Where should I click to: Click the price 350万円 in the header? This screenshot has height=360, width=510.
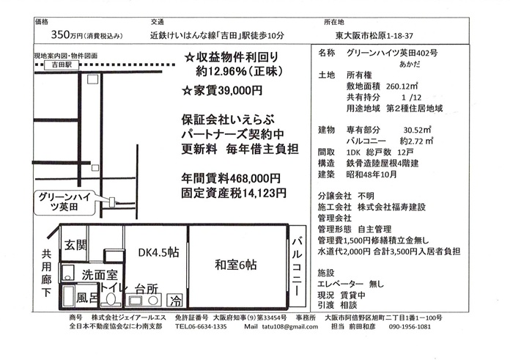tap(67, 34)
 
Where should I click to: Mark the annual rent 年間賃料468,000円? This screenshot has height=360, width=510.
tap(230, 178)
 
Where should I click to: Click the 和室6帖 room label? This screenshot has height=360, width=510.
tap(236, 264)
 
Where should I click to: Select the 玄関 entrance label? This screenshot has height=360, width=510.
tap(75, 244)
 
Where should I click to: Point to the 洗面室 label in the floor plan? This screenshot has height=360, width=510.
tap(100, 276)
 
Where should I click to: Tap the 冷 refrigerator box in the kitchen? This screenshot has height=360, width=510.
tap(176, 301)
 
